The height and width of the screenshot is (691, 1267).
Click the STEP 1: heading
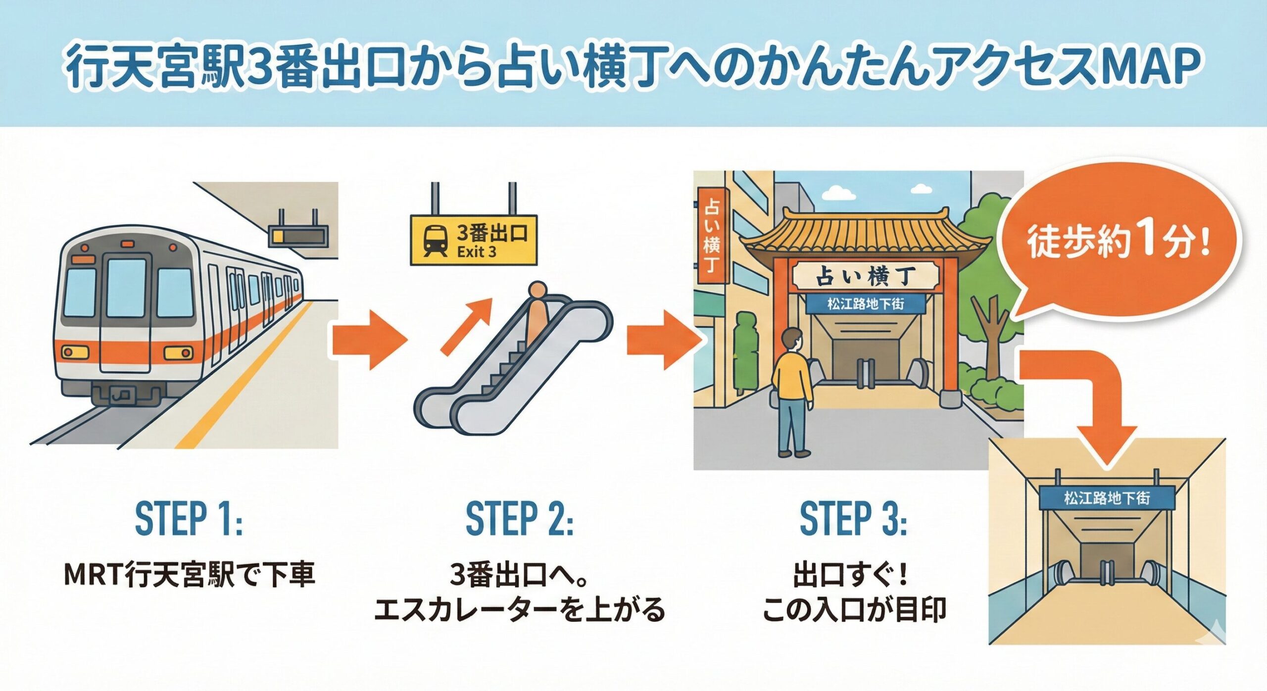click(x=189, y=518)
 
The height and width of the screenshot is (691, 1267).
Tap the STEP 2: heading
click(x=519, y=518)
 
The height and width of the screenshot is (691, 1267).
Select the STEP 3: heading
click(x=853, y=518)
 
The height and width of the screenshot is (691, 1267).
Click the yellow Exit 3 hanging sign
click(x=474, y=241)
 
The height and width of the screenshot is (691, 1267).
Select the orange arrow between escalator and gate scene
click(x=663, y=340)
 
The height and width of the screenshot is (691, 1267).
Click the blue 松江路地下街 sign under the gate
click(x=866, y=303)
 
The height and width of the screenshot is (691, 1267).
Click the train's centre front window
click(x=127, y=288)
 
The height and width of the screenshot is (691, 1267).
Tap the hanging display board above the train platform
click(x=298, y=235)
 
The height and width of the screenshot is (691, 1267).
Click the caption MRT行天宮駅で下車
click(x=190, y=575)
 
